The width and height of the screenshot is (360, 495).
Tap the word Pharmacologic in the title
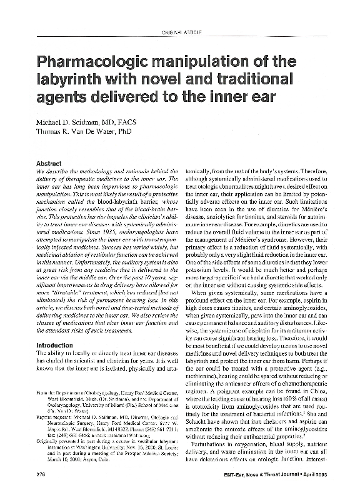(94, 62)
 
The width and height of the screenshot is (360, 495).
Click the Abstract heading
(51, 163)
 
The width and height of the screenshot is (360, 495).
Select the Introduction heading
(55, 345)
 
